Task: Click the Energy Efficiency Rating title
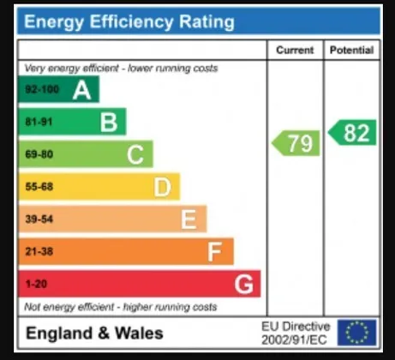click(x=129, y=22)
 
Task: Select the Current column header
click(x=295, y=50)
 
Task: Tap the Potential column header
click(x=351, y=50)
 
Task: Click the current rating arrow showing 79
click(x=296, y=143)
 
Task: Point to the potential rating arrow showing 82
click(x=352, y=133)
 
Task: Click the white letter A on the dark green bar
click(x=82, y=90)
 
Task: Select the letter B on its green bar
click(x=109, y=123)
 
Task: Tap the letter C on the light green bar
click(x=135, y=155)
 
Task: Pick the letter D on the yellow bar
click(x=163, y=187)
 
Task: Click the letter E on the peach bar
click(x=189, y=219)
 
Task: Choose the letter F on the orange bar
click(x=214, y=252)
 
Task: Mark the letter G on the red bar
click(x=243, y=284)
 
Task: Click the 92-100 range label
click(x=42, y=89)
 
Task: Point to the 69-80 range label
click(x=39, y=154)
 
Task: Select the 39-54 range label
click(x=39, y=219)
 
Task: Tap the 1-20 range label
click(x=36, y=284)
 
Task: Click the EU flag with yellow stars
click(x=356, y=333)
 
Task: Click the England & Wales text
click(x=94, y=333)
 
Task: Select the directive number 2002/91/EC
click(x=294, y=340)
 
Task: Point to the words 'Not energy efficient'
click(x=69, y=307)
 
